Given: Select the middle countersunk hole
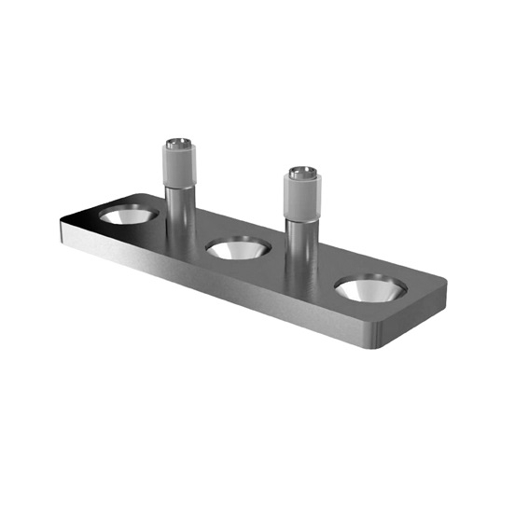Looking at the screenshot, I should point(238,249).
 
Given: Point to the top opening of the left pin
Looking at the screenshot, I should point(179,144).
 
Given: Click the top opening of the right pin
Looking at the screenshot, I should point(302,173).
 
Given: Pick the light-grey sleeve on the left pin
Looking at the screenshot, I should point(179,166).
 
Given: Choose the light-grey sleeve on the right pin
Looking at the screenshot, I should point(302,197).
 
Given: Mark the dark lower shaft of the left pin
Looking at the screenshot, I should point(179,210).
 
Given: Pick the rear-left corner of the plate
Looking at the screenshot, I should point(140,195).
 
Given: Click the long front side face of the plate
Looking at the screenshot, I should point(215,285).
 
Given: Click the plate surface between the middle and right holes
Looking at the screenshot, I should point(308,280).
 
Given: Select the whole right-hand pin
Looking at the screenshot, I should point(302,224).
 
